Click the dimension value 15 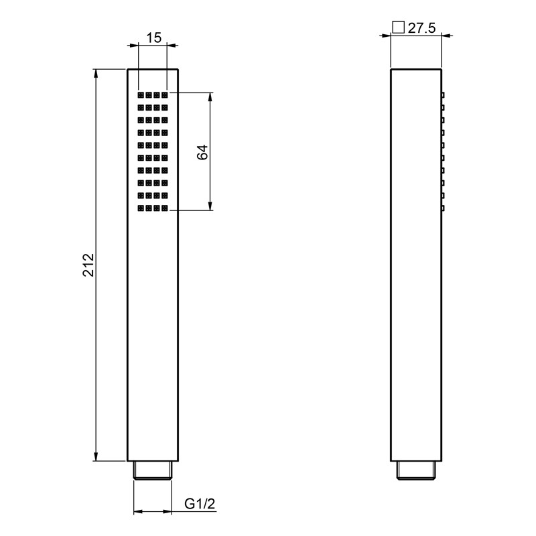point(154,38)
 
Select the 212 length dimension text point(88,265)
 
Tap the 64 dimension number point(202,152)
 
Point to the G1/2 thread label point(200,504)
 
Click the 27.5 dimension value point(422,28)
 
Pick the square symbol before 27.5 point(398,27)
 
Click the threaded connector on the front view point(153,470)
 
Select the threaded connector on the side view point(416,470)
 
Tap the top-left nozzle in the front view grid point(141,95)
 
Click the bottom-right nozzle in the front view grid point(165,208)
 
